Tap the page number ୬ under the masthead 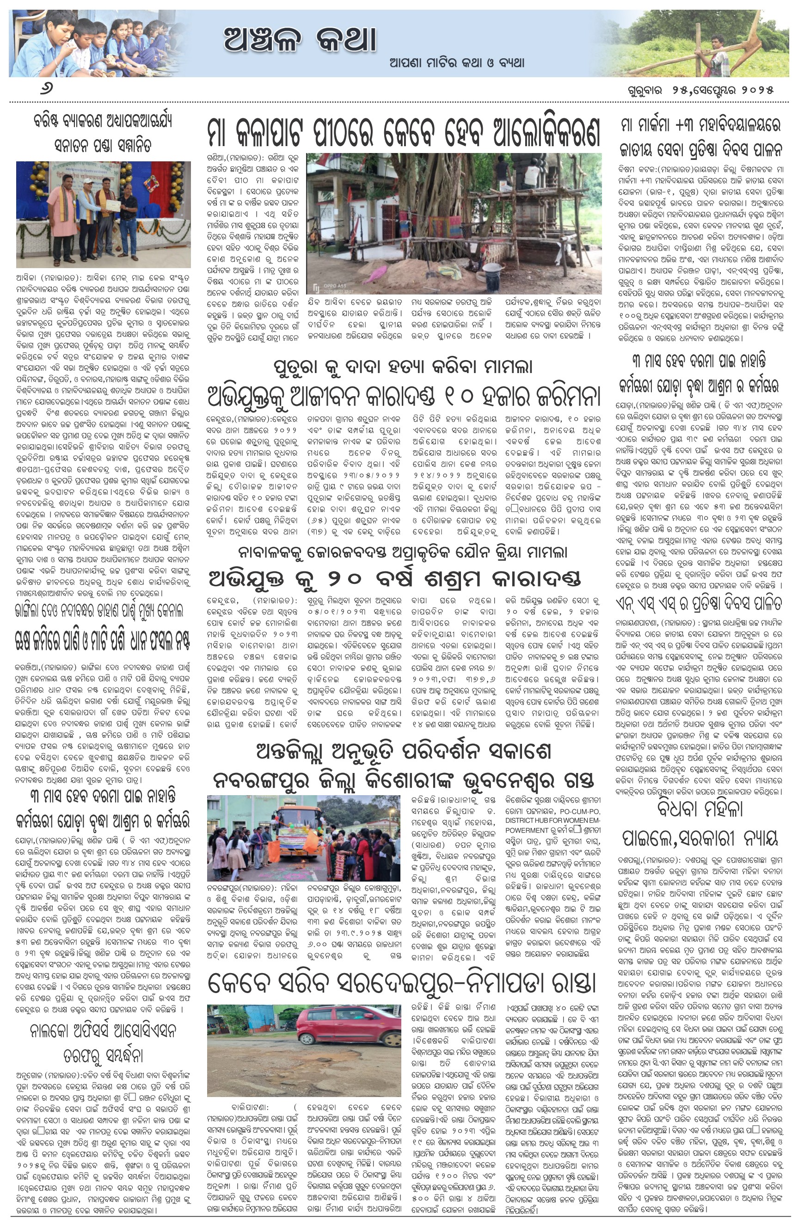[x=46, y=89]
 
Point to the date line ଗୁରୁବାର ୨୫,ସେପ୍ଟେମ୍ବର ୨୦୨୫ [x=700, y=90]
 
